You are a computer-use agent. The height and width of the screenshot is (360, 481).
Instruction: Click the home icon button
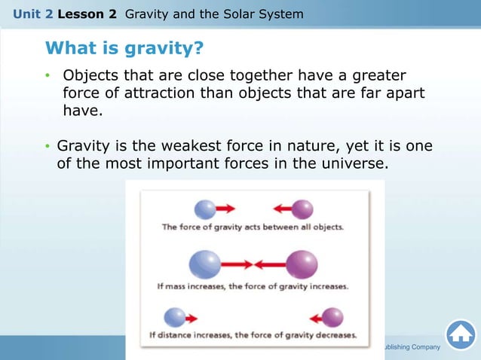(x=460, y=335)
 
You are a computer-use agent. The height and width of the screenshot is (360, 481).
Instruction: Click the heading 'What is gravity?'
(x=124, y=48)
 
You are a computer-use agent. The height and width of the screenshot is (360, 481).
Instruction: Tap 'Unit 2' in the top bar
(x=28, y=14)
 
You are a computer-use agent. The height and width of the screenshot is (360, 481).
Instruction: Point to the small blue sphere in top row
(x=204, y=209)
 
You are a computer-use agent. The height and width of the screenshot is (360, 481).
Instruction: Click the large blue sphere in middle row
(x=204, y=264)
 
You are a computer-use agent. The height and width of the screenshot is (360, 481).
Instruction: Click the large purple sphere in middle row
(x=304, y=264)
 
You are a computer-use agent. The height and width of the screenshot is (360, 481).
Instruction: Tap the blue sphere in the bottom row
(x=175, y=317)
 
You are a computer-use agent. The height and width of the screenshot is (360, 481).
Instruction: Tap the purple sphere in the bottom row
(x=332, y=317)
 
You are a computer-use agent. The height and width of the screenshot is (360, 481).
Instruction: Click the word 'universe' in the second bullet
(x=357, y=163)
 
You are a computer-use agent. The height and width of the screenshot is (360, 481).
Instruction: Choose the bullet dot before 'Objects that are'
(x=47, y=77)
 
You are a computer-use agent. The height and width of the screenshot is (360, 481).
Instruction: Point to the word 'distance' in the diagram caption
(x=184, y=336)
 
